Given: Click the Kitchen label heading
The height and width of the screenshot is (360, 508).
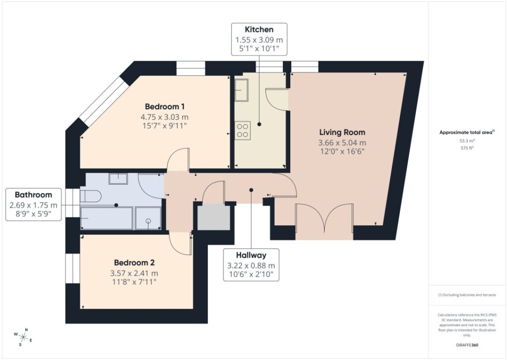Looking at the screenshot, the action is pyautogui.click(x=259, y=29).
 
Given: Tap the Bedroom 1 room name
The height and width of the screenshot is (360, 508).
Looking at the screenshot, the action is pyautogui.click(x=165, y=106).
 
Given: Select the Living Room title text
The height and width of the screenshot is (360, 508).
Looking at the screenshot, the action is pyautogui.click(x=342, y=132).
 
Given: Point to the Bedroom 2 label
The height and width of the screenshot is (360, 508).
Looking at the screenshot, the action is pyautogui.click(x=134, y=263).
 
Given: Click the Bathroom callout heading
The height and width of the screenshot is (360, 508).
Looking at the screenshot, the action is pyautogui.click(x=33, y=195).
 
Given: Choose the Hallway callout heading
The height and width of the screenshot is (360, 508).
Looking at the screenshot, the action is pyautogui.click(x=251, y=255).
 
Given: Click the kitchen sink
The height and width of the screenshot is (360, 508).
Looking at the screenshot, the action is pyautogui.click(x=242, y=90).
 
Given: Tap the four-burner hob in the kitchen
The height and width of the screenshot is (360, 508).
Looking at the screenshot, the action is pyautogui.click(x=243, y=131).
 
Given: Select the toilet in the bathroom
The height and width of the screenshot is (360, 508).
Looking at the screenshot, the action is pyautogui.click(x=91, y=196).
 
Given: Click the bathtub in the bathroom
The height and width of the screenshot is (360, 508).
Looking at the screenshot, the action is pyautogui.click(x=106, y=218).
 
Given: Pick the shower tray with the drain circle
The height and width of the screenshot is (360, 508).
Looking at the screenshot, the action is pyautogui.click(x=148, y=218).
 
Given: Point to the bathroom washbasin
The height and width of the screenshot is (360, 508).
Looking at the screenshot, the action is pyautogui.click(x=118, y=179).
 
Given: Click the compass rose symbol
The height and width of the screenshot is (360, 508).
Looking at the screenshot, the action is pyautogui.click(x=23, y=337).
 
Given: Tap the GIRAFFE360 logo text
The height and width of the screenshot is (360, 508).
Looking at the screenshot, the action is pyautogui.click(x=467, y=345).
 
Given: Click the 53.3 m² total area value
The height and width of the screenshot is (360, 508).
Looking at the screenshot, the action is pyautogui.click(x=467, y=141).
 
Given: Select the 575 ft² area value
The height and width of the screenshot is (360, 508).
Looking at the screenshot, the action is pyautogui.click(x=467, y=148).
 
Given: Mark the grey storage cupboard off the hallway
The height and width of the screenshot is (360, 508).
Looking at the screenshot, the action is pyautogui.click(x=214, y=216).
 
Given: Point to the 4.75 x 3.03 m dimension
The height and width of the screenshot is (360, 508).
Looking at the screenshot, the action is pyautogui.click(x=165, y=117).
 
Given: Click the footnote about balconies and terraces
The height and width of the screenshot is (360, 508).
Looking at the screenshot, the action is pyautogui.click(x=467, y=295).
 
